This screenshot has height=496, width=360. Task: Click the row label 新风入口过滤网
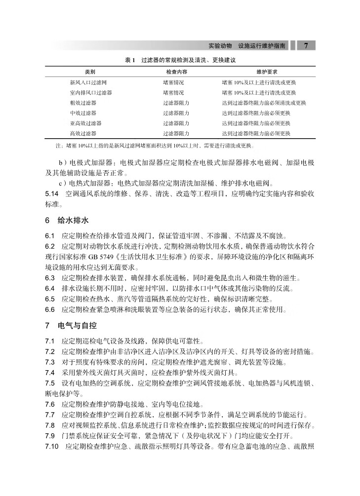coord(88,83)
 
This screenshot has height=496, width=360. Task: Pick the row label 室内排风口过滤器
coord(91,93)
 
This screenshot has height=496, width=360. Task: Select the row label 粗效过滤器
coord(83,103)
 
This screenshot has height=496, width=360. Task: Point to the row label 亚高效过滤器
coord(85,123)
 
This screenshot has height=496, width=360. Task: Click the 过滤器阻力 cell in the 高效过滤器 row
coord(176,134)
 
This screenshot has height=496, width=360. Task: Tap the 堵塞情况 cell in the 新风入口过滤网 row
coord(173,83)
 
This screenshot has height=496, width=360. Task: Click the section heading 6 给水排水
coord(67,220)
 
